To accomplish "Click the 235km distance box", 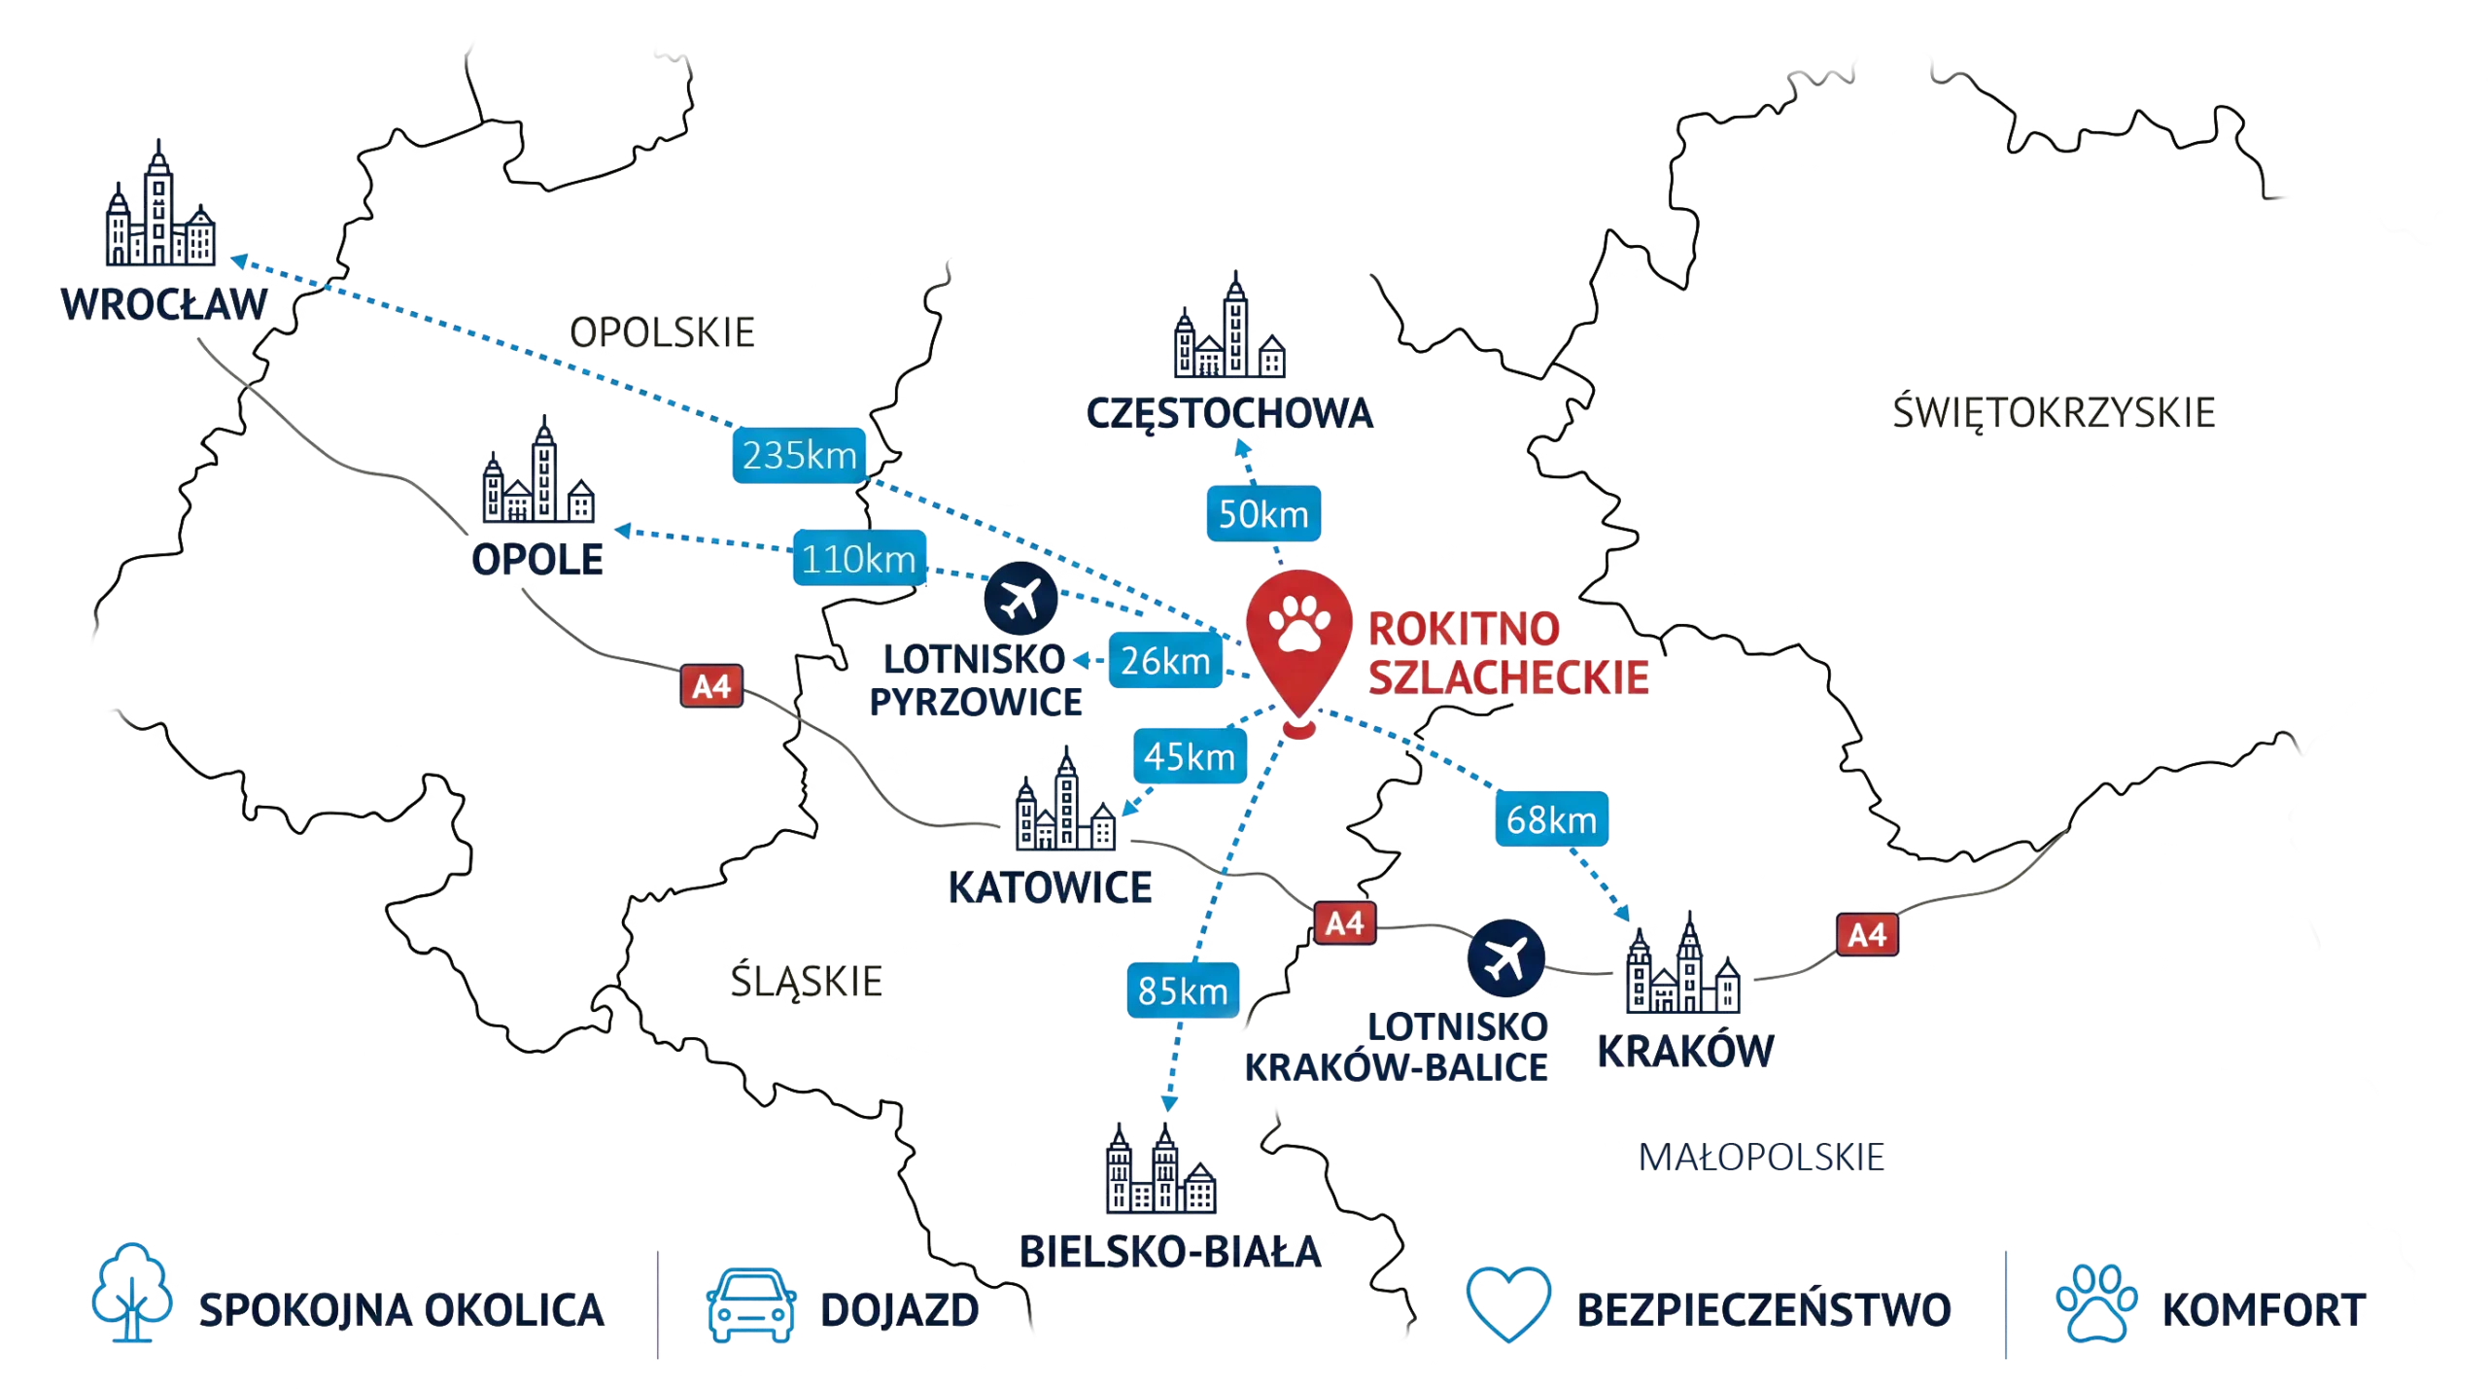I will (x=799, y=455).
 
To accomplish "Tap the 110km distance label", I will (x=859, y=560).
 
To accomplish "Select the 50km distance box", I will (x=1263, y=513).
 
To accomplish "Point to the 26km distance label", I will (x=1165, y=661).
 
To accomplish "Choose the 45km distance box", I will (x=1190, y=755).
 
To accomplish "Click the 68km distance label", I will (x=1551, y=820).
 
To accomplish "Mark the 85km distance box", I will (x=1183, y=990).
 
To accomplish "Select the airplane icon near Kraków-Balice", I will (x=1504, y=956).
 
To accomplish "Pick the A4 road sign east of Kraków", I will (x=1867, y=935).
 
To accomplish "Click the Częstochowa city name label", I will (x=1229, y=412).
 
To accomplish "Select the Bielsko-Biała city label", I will (x=1170, y=1250).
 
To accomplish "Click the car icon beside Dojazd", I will (x=750, y=1310).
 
